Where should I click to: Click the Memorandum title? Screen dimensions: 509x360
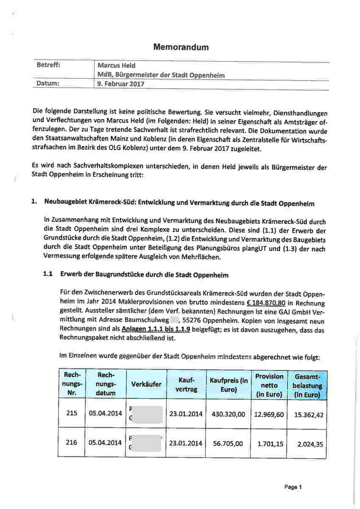pos(181,47)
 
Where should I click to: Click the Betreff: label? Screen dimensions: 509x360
pos(48,65)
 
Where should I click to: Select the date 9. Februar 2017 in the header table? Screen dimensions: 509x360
pos(121,84)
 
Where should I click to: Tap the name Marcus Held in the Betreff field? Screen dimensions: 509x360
pos(117,65)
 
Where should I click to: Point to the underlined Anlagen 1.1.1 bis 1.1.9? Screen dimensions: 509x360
pos(156,329)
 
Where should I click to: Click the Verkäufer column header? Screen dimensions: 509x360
pos(146,384)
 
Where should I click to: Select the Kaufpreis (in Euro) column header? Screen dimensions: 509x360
pos(229,384)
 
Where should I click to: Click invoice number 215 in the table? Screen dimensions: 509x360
pos(72,413)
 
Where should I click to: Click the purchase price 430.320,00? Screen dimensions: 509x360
pos(229,414)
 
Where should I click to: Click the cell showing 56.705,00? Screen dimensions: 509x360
pos(229,444)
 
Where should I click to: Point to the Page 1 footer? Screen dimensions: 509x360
pos(293,487)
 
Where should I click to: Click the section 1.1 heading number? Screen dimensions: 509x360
pos(48,274)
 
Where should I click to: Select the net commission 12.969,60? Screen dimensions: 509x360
pos(269,414)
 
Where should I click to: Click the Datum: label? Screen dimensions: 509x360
pos(47,84)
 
